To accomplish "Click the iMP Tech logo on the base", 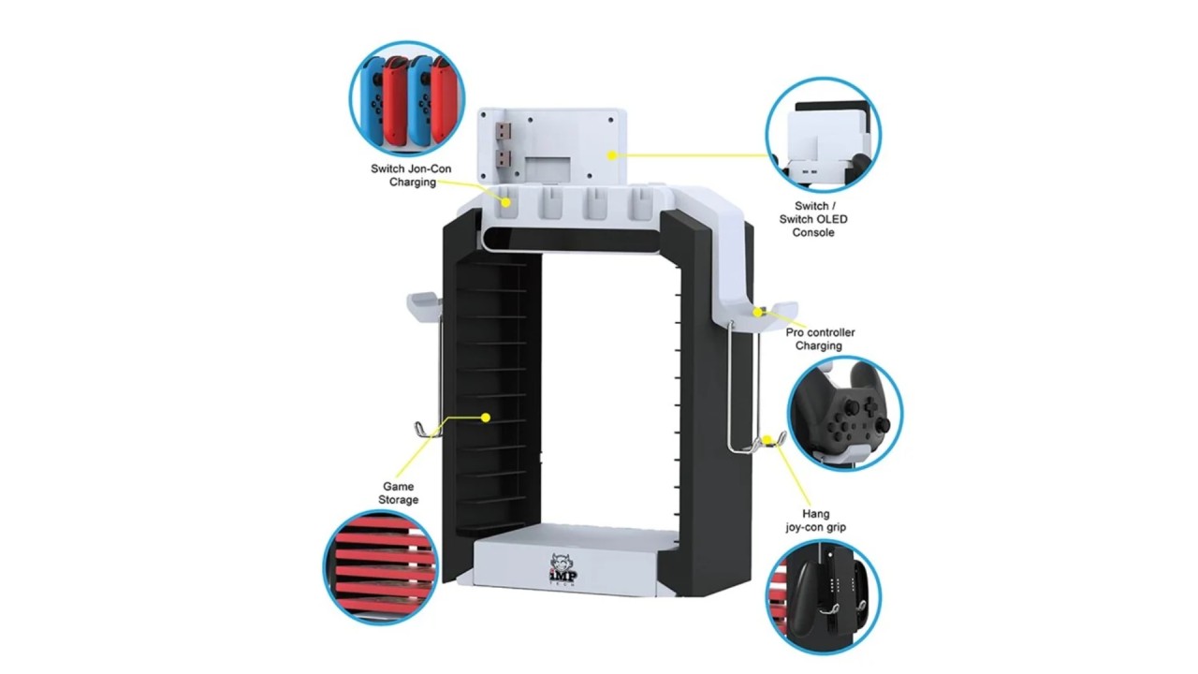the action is pos(563,571).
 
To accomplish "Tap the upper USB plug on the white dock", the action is pos(503,130).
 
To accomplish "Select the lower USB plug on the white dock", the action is pos(503,158).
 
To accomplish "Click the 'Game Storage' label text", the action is pos(399,492).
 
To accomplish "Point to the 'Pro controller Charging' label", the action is pos(820,339).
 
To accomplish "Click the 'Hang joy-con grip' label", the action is pos(815,520).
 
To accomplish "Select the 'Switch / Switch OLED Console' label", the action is pos(813,219).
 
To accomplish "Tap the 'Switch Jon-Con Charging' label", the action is pos(411,175).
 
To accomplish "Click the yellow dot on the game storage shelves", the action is pos(486,418).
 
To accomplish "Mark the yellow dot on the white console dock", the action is pos(612,155).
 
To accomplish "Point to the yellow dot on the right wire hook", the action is pos(767,440).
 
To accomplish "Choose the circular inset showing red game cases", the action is pos(381,567).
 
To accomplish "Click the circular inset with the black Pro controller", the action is pos(845,414).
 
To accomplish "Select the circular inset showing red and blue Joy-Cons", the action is pos(407,99).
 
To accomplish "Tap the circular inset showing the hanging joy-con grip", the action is pos(824,597).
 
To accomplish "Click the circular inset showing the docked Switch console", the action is pos(824,134).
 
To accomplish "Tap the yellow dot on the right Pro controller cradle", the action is pos(758,312).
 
